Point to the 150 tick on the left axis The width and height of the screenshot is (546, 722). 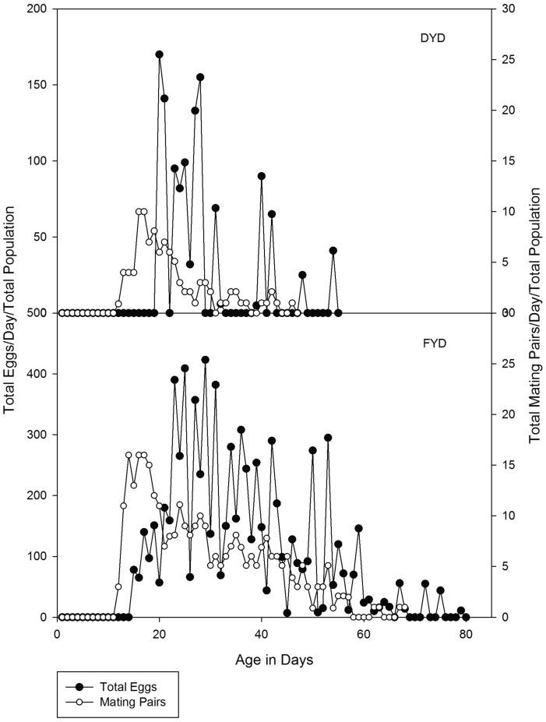click(x=35, y=85)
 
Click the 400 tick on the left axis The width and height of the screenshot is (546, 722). click(x=35, y=374)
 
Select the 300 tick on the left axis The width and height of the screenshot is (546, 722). click(x=35, y=435)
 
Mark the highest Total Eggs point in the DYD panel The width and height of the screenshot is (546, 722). click(x=159, y=55)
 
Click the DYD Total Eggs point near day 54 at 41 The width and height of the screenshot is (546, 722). click(x=333, y=251)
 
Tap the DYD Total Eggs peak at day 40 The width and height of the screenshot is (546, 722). click(x=262, y=176)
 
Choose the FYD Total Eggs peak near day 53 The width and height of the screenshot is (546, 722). click(x=328, y=438)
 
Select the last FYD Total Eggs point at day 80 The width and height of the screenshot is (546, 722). click(x=466, y=617)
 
